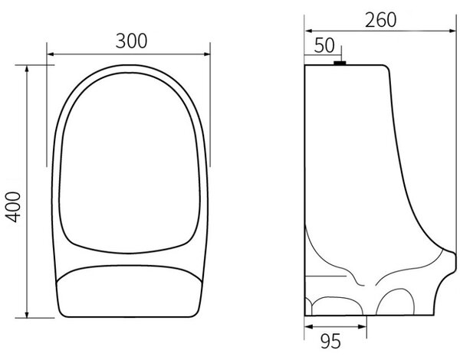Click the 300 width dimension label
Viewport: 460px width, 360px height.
(131, 41)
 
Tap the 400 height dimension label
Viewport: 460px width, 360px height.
(14, 207)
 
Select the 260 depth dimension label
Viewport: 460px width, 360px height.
(380, 20)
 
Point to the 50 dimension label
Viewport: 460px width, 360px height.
(324, 45)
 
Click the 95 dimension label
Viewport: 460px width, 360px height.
(330, 342)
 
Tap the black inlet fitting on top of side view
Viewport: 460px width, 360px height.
(340, 63)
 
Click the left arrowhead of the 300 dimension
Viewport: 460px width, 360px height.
(51, 54)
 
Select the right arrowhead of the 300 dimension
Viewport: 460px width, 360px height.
(207, 54)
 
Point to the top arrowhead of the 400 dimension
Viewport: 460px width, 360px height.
(27, 69)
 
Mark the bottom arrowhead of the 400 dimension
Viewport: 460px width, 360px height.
(27, 314)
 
